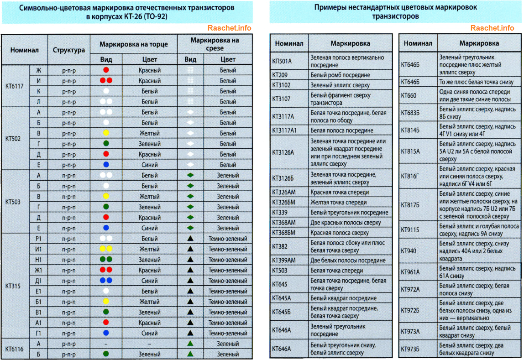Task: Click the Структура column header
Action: tap(68, 50)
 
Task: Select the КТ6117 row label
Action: tap(15, 86)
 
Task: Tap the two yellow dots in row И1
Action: tap(106, 249)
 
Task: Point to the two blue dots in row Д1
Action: tap(106, 281)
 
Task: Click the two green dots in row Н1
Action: tap(106, 260)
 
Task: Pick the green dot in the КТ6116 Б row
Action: tap(106, 354)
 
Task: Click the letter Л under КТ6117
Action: tap(39, 102)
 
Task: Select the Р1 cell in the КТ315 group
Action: tap(39, 239)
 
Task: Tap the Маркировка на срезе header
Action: tap(215, 44)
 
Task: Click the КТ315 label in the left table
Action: tap(14, 286)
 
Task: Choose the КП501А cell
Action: tap(282, 61)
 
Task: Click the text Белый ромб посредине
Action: tap(340, 75)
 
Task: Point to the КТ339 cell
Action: tap(280, 212)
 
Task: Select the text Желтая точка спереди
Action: tap(340, 202)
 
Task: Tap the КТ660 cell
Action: tap(409, 95)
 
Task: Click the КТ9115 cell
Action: tap(410, 230)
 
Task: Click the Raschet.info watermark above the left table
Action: tap(229, 28)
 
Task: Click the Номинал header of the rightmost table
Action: tap(418, 43)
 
